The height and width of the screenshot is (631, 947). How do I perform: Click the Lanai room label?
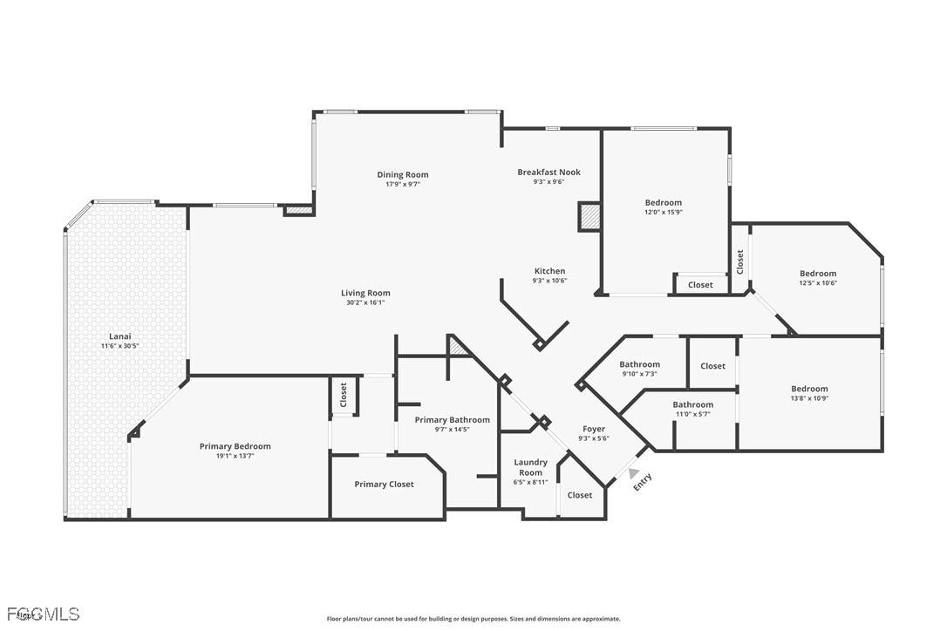coord(119,336)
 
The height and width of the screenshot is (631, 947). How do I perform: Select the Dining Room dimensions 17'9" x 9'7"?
coord(403,185)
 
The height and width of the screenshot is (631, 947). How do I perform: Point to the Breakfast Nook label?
coord(548,172)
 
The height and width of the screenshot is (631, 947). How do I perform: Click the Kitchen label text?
coord(549,271)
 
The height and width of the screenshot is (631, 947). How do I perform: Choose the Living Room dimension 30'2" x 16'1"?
coord(365,303)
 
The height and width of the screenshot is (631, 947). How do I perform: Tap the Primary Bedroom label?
coord(235,446)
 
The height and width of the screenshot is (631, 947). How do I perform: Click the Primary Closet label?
coord(384,485)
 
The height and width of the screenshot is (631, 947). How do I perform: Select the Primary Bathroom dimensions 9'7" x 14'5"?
coord(452,430)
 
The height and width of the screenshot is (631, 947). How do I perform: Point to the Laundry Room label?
coord(530,467)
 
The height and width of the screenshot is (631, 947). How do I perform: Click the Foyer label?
coord(594,429)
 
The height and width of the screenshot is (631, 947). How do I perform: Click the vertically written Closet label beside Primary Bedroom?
coord(344,395)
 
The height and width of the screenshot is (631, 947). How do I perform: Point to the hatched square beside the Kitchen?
coord(589,216)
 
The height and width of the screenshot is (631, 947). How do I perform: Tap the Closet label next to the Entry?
coord(580,495)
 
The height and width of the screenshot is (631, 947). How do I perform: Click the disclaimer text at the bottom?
coord(473,619)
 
